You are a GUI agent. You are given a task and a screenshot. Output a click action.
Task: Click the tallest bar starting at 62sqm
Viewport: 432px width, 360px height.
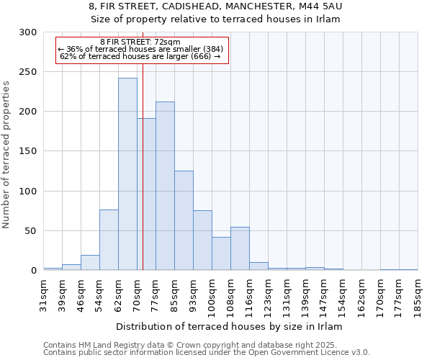click(127, 174)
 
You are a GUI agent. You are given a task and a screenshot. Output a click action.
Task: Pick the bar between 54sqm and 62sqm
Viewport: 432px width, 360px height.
click(109, 240)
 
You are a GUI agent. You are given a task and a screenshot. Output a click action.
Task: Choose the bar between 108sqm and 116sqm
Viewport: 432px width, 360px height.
click(240, 248)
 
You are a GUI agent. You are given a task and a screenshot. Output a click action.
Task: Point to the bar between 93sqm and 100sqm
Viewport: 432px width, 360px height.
click(202, 240)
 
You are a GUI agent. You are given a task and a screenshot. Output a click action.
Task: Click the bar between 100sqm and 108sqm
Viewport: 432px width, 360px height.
click(221, 253)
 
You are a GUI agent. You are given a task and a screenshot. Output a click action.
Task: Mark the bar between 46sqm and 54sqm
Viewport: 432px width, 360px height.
click(90, 263)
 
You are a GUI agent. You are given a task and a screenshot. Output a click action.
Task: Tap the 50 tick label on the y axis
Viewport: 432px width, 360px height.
click(31, 231)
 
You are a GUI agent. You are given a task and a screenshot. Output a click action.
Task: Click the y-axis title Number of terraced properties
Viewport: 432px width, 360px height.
click(7, 155)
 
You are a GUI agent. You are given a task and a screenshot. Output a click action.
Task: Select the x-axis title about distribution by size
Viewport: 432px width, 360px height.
click(229, 326)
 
